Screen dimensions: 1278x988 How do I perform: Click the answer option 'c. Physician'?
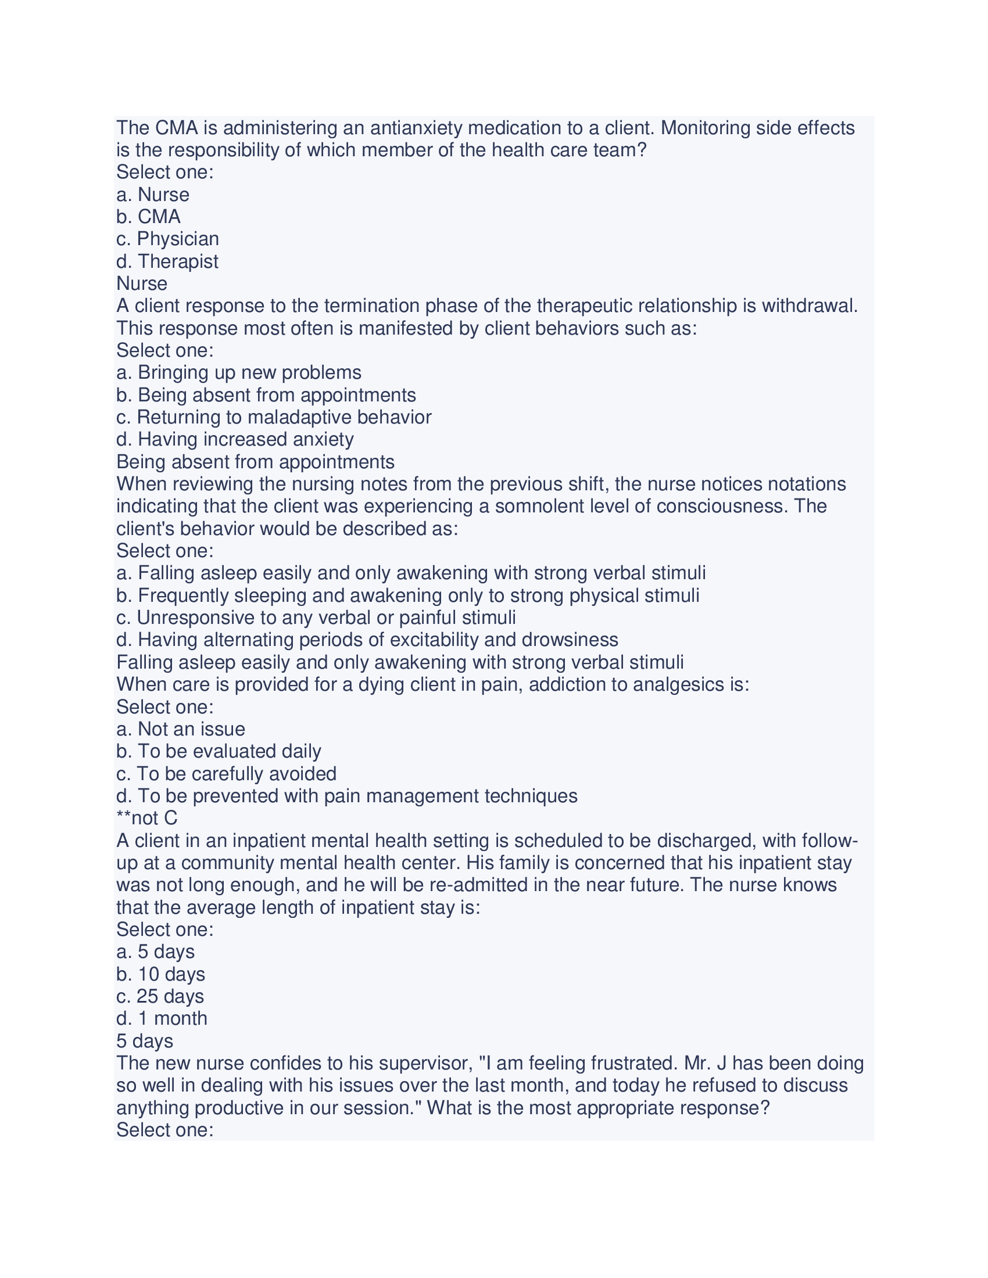tap(167, 239)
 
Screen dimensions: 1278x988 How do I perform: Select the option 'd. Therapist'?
tap(167, 261)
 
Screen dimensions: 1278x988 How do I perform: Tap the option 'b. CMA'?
tap(148, 217)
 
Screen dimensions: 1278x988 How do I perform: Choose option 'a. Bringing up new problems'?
tap(239, 372)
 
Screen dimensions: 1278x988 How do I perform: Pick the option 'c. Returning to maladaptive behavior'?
tap(274, 417)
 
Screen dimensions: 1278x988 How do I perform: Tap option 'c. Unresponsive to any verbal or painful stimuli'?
tap(316, 618)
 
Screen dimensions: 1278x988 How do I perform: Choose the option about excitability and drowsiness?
tap(367, 640)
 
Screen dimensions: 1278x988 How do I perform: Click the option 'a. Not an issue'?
tap(180, 728)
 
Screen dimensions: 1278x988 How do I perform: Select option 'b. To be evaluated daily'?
tap(219, 751)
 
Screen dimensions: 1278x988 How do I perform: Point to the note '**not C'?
tap(147, 817)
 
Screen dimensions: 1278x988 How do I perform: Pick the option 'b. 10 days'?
tap(160, 974)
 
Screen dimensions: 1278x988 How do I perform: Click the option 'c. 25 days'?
tap(160, 996)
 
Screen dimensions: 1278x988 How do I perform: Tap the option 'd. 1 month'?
tap(162, 1018)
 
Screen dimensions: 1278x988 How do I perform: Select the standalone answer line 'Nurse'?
tap(142, 283)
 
